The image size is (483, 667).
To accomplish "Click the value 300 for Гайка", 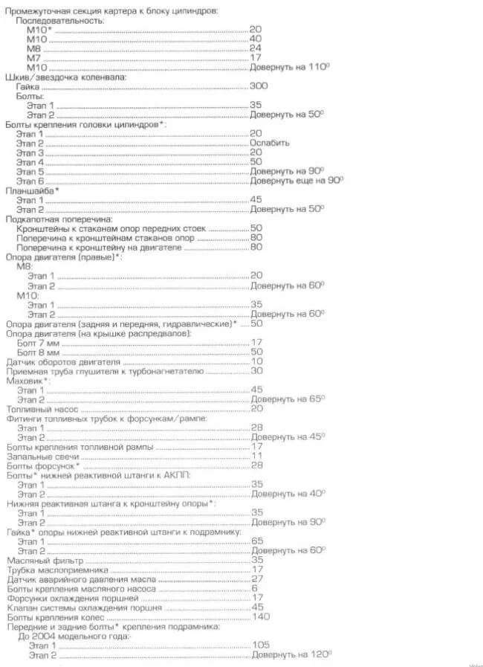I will (259, 86).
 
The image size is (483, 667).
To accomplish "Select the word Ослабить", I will (269, 143).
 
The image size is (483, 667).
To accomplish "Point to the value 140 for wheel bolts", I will (260, 616).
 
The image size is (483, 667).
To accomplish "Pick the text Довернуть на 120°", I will (289, 654).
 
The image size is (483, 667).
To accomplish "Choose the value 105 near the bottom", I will (260, 645).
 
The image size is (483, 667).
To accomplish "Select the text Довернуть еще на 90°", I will (296, 181).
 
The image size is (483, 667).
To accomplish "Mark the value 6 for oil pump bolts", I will (254, 588).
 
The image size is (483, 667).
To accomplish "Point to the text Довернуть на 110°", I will (289, 67).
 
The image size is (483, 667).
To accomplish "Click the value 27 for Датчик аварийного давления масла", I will (257, 579).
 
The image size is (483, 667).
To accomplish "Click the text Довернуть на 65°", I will (287, 399).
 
